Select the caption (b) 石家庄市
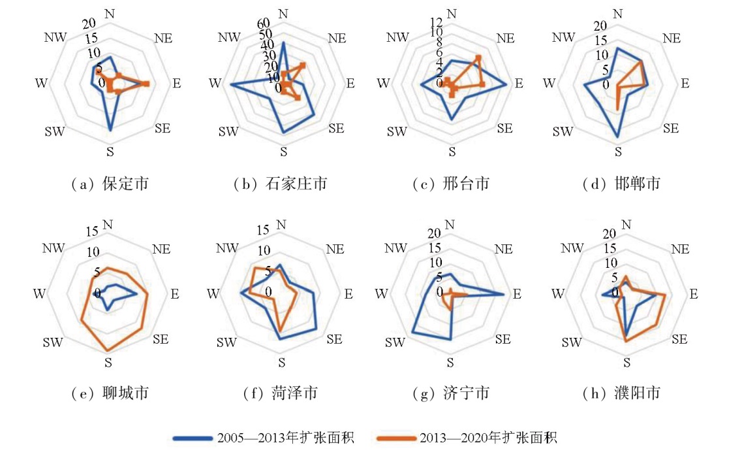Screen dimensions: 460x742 pyautogui.click(x=280, y=184)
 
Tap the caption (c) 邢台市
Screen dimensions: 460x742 pyautogui.click(x=451, y=184)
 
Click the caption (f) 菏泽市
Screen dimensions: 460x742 pyautogui.click(x=280, y=393)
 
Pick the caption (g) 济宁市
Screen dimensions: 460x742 pyautogui.click(x=451, y=393)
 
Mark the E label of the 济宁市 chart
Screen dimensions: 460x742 pyautogui.click(x=518, y=294)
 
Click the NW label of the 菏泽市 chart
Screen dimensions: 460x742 pyautogui.click(x=228, y=248)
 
